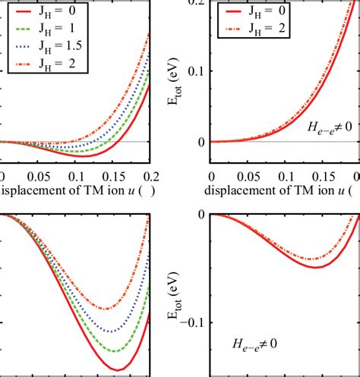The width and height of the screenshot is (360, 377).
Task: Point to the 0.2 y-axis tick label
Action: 193,3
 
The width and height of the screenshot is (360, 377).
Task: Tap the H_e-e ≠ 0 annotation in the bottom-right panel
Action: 254,344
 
